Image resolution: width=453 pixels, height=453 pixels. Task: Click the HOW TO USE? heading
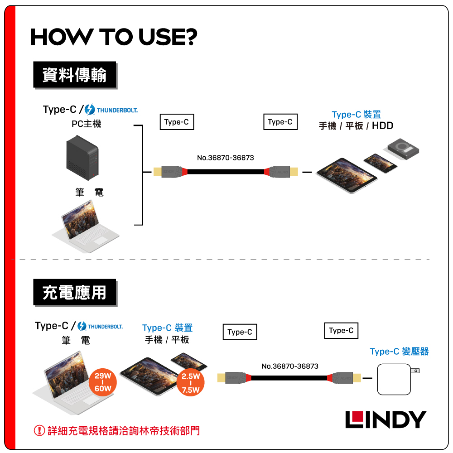point(114,37)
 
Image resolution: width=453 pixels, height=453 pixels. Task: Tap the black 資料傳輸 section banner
point(75,75)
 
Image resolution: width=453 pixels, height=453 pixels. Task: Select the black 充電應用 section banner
point(75,292)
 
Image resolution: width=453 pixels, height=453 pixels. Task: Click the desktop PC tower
point(82,158)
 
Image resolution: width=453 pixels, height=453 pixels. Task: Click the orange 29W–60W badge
point(103,382)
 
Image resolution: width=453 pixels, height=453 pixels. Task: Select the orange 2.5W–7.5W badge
point(190,382)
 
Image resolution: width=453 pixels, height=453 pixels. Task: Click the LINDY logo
point(386,419)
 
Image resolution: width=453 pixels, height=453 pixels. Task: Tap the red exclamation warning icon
point(39,430)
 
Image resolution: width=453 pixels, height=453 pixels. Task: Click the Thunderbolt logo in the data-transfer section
point(111,110)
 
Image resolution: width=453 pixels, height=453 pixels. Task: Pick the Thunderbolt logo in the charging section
point(100,326)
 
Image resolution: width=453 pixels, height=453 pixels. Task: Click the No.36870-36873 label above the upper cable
point(225,158)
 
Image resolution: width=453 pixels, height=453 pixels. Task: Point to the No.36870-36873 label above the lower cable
point(290,366)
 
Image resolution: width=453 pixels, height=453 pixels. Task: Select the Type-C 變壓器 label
point(399,352)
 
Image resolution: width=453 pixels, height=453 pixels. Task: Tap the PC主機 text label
point(87,124)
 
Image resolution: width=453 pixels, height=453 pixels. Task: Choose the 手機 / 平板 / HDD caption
point(356,125)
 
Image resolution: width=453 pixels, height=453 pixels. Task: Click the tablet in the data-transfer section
point(347,175)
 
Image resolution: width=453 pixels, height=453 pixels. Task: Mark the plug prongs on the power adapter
point(415,371)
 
